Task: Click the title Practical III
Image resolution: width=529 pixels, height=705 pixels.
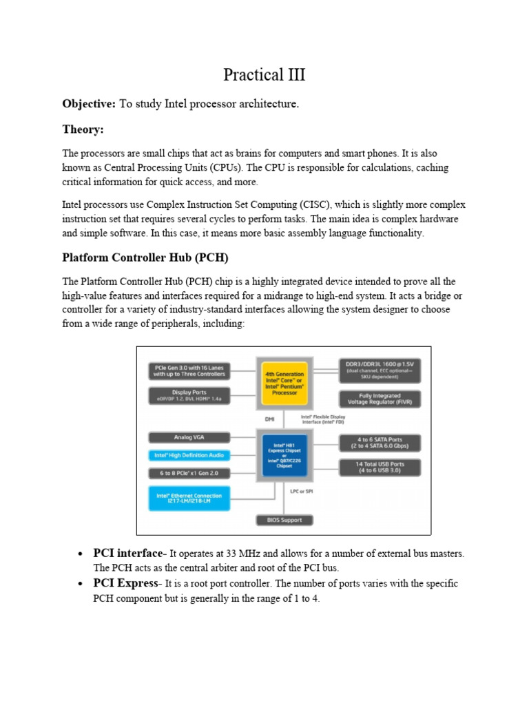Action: tap(264, 75)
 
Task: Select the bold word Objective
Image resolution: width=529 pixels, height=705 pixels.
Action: tap(89, 104)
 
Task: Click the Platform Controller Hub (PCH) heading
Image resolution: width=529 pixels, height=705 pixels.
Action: tap(145, 257)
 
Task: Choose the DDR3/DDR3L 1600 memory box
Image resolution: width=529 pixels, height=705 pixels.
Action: tap(380, 369)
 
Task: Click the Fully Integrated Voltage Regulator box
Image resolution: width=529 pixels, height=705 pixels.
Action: tap(380, 399)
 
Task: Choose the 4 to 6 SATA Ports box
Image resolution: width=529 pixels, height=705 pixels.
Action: tap(380, 442)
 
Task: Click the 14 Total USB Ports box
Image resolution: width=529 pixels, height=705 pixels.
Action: tap(380, 467)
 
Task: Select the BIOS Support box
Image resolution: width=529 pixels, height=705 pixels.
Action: tap(284, 520)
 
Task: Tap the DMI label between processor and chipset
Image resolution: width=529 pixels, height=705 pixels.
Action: tap(269, 419)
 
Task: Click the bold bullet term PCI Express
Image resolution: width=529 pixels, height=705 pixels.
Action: tap(125, 584)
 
